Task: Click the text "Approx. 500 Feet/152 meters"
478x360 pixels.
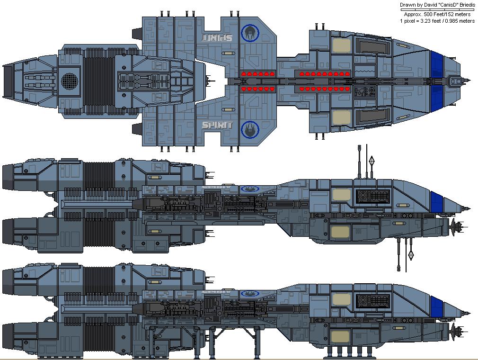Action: pyautogui.click(x=437, y=14)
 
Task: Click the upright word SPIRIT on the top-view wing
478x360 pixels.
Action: pyautogui.click(x=217, y=125)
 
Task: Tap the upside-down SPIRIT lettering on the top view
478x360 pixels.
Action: pyautogui.click(x=217, y=37)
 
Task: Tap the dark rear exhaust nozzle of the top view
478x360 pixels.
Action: pyautogui.click(x=8, y=81)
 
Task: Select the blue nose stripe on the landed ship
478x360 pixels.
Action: pyautogui.click(x=437, y=304)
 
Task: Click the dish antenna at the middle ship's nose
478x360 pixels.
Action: pyautogui.click(x=457, y=228)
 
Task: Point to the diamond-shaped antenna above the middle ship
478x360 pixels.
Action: pyautogui.click(x=372, y=161)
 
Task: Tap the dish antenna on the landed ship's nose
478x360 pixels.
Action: pyautogui.click(x=457, y=331)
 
